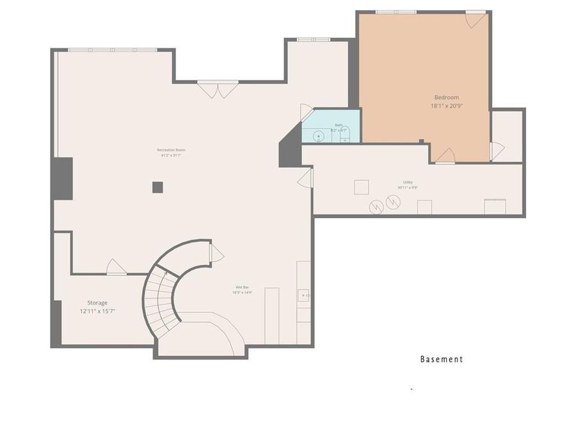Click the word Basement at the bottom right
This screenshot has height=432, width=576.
(441, 359)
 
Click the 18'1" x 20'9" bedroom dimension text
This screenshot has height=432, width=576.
(446, 106)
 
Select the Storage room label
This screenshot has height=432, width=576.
(97, 303)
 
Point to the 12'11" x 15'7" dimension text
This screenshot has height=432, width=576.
(97, 312)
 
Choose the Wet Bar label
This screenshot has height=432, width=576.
(242, 287)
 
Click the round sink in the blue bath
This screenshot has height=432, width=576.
(318, 136)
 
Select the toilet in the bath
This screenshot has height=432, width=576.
(344, 135)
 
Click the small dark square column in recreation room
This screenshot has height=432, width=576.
(157, 187)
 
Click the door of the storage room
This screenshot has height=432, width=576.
(116, 267)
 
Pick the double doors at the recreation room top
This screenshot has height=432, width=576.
(218, 89)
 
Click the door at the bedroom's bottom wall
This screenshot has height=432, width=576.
(445, 156)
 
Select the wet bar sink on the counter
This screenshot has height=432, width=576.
(303, 296)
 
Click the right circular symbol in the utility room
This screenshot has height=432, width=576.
(393, 203)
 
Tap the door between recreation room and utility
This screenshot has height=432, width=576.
(306, 178)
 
